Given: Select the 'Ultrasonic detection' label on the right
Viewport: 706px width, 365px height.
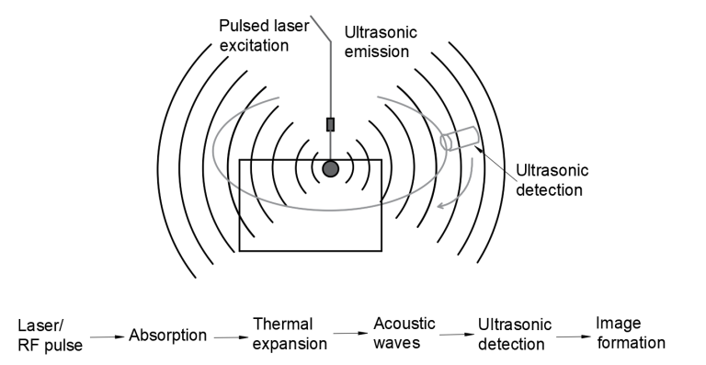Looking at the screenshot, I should [550, 180].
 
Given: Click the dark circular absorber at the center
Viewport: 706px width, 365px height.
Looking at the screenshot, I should [330, 168].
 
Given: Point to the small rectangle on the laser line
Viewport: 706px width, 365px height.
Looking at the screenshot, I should [330, 124].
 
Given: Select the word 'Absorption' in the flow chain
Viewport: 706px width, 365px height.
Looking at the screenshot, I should [167, 335].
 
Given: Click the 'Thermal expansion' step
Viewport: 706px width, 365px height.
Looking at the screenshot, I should [290, 335].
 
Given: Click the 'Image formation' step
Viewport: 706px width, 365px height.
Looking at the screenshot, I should [630, 334].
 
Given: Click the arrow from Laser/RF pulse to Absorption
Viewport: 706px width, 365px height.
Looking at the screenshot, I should [107, 337].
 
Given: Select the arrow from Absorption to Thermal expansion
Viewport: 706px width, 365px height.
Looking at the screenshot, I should [230, 336].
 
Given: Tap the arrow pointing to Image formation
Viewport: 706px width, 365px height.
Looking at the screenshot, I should [572, 336].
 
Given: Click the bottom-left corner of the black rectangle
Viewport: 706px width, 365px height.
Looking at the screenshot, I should [240, 250].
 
